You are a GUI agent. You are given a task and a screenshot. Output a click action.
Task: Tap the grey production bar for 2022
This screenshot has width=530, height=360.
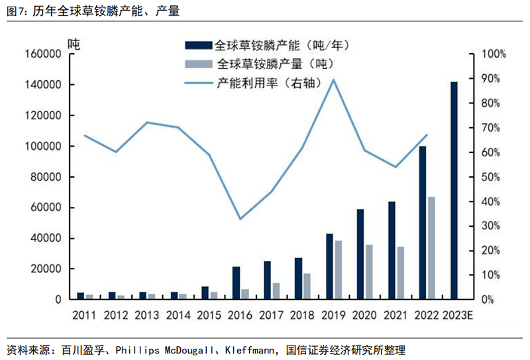431,248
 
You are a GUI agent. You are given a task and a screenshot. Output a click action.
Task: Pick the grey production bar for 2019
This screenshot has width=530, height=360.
339,270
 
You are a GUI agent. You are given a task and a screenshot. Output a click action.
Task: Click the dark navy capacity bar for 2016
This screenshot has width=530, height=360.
236,283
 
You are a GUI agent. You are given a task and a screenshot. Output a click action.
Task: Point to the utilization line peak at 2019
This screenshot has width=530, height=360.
333,80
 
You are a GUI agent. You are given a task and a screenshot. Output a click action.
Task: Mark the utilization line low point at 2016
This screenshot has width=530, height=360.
240,219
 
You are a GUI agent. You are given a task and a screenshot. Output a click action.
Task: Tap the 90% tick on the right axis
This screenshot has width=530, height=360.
494,79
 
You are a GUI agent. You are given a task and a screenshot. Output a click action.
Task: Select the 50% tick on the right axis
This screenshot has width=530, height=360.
494,177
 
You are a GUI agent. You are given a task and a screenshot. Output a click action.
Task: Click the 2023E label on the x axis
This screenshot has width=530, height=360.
455,315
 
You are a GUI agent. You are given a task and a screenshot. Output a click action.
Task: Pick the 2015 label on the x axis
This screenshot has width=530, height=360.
209,315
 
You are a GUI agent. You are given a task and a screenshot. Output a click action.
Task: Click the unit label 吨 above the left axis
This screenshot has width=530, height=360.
74,44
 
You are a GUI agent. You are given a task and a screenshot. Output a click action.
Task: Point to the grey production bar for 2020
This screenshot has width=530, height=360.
370,272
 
